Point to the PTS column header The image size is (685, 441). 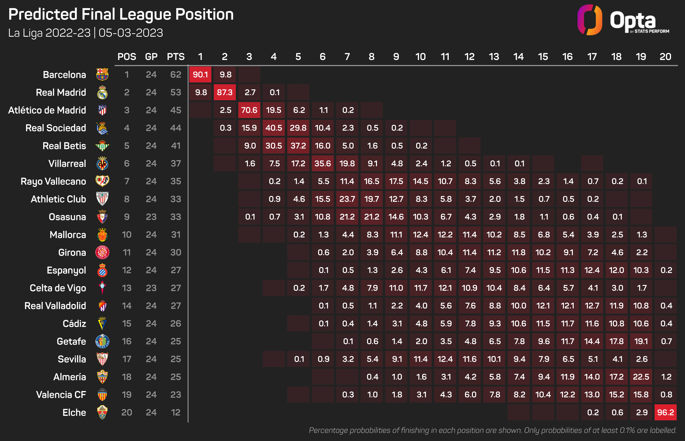(176, 57)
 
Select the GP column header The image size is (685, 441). (151, 57)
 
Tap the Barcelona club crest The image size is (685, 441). (102, 74)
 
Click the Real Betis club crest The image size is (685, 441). (102, 146)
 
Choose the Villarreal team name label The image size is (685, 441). (67, 163)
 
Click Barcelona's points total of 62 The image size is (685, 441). (176, 75)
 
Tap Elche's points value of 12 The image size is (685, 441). (176, 412)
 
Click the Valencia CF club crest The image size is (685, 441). (102, 395)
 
